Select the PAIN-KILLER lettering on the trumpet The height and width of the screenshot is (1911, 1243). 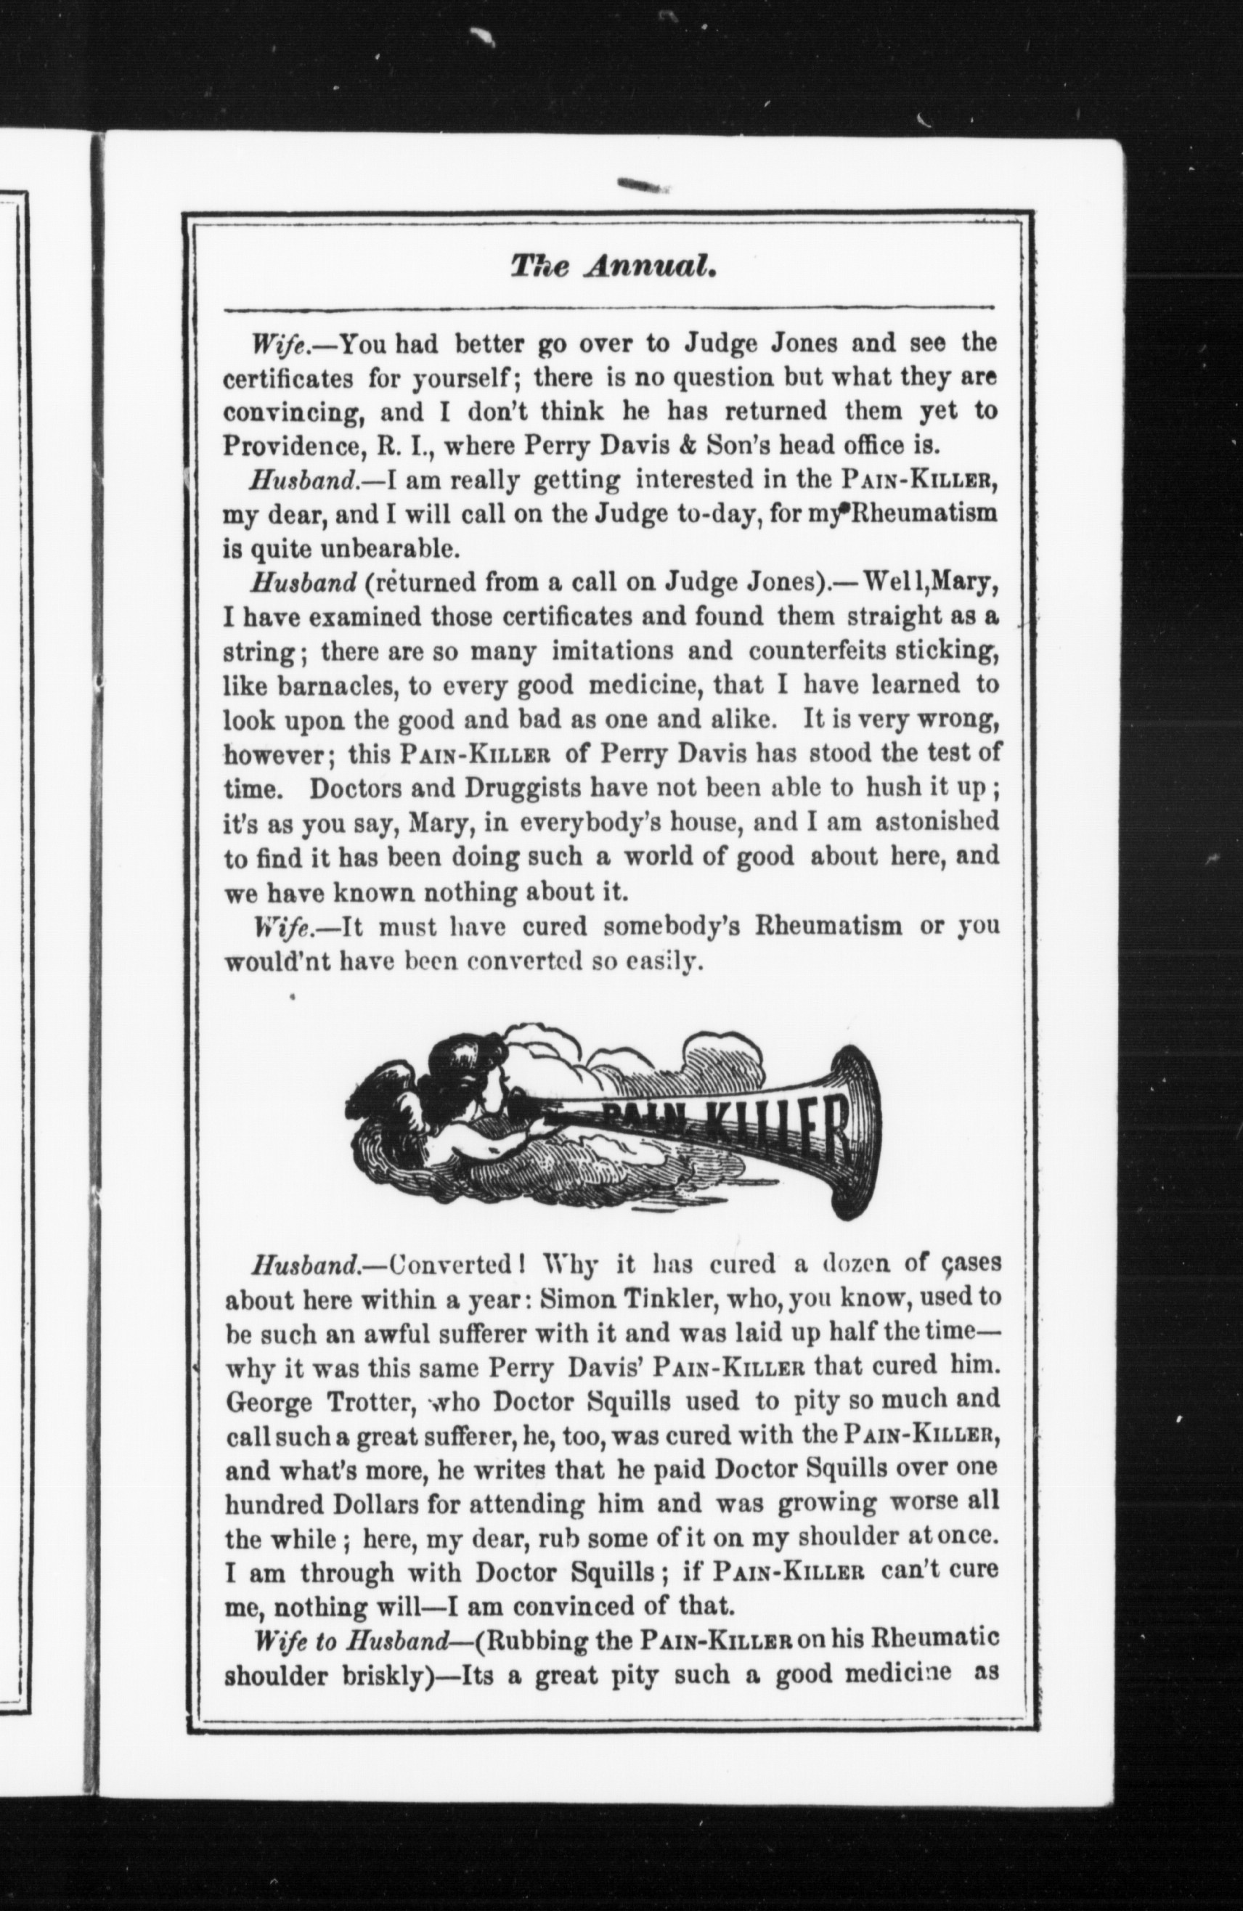pos(722,1128)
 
